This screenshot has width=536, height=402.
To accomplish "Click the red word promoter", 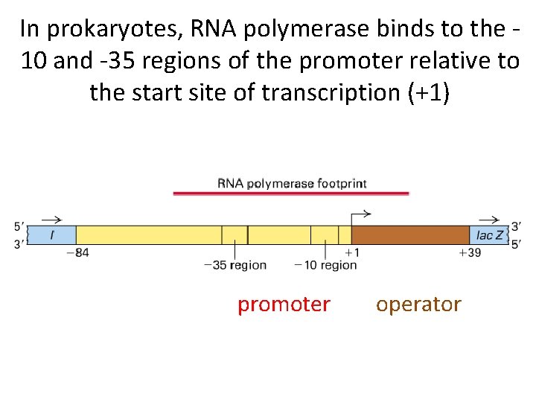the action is click(x=284, y=304).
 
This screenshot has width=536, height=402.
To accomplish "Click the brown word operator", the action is click(x=418, y=304).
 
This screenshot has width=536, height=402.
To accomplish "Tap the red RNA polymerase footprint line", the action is click(x=291, y=194).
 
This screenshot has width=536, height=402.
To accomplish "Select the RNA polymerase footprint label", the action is click(x=292, y=183).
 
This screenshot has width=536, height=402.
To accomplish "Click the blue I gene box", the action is click(x=52, y=235).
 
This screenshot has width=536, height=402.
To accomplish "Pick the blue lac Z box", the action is click(x=489, y=235).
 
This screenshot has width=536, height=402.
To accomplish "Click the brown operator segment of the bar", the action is click(x=410, y=235).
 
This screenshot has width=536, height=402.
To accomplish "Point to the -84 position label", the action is click(x=77, y=253).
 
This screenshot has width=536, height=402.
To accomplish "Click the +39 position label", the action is click(x=470, y=253).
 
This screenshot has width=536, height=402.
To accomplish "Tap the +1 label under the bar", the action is click(x=352, y=253).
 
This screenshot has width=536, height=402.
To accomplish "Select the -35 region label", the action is click(x=235, y=265).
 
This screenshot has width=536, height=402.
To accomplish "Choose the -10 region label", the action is click(x=326, y=265).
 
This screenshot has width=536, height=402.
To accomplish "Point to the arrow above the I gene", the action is click(x=51, y=220).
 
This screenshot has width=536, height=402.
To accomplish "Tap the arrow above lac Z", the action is click(x=489, y=220).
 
